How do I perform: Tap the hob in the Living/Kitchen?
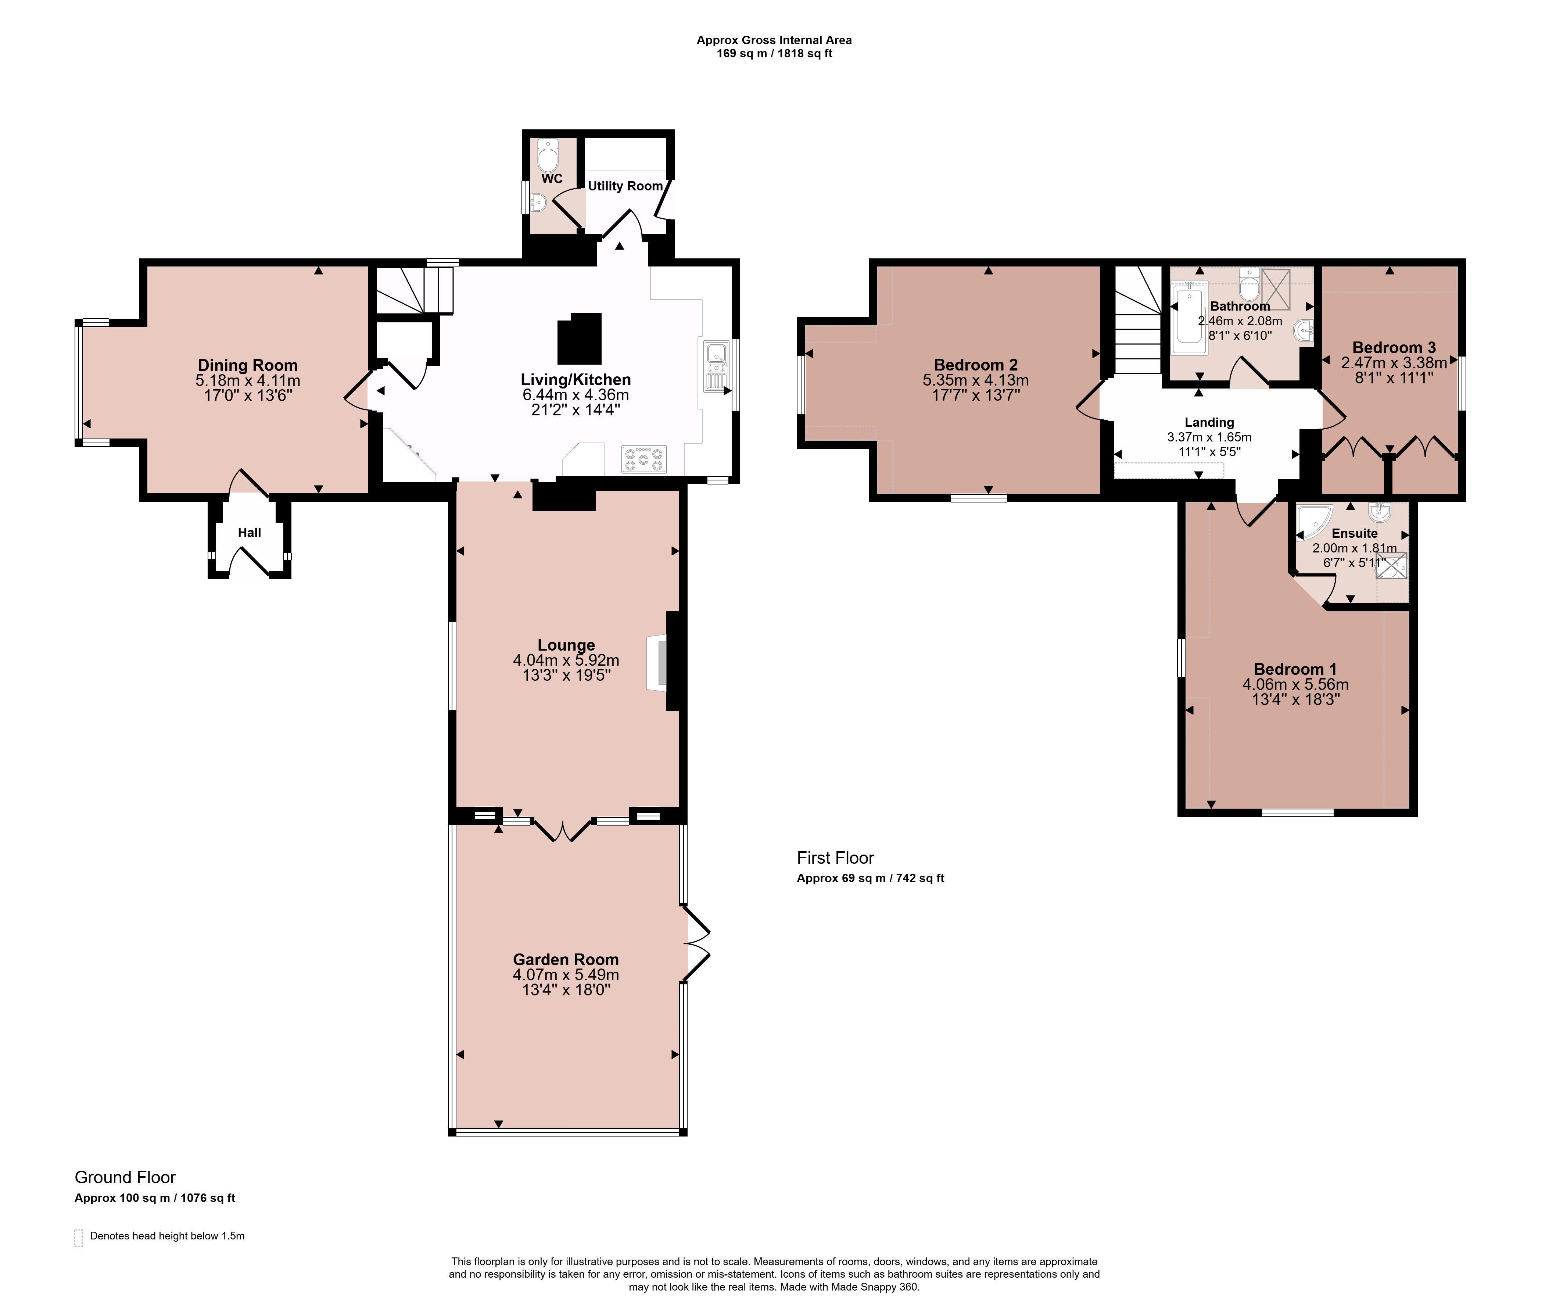tap(644, 459)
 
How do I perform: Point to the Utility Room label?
tap(625, 186)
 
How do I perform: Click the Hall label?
tap(250, 533)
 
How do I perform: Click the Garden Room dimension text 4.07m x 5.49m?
tap(566, 975)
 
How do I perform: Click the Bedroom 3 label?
tap(1394, 348)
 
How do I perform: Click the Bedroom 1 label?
tap(1295, 669)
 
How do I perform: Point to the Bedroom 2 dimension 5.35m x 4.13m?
tap(976, 380)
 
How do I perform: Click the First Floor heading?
tap(835, 858)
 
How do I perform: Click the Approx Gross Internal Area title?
tap(774, 40)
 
